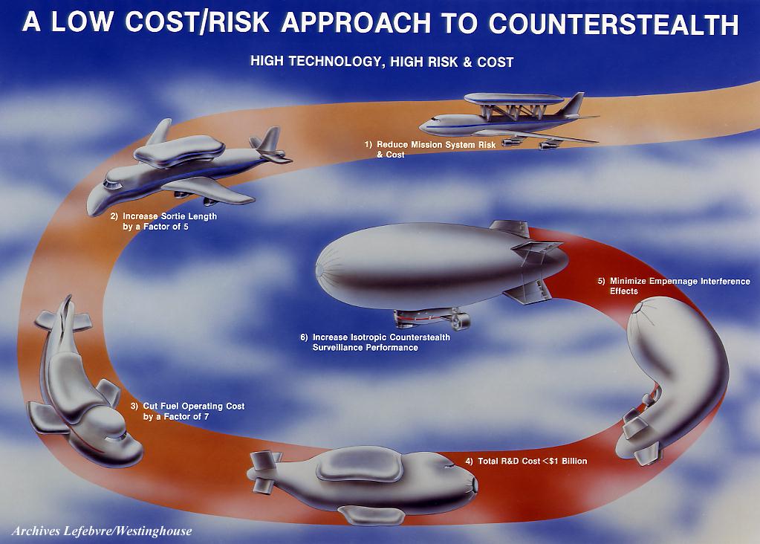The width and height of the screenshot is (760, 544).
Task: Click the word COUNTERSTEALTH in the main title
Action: coord(614,23)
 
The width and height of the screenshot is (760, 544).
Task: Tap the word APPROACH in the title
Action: coord(356,22)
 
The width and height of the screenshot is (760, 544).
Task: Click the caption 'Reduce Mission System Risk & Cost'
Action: coord(430,149)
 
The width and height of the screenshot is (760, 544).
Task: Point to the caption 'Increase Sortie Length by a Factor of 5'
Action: coord(163,221)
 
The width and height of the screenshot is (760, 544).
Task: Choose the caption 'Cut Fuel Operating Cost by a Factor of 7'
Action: coord(187,411)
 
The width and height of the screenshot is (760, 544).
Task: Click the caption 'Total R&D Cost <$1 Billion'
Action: coord(526,461)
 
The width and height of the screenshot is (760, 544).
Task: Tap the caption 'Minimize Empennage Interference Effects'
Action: coord(674,286)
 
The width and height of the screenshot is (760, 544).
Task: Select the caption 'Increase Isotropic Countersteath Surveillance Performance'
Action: coord(375,343)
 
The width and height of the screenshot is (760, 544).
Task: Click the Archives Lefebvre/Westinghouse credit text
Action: coord(102,531)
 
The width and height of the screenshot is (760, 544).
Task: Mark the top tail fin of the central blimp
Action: coord(509,228)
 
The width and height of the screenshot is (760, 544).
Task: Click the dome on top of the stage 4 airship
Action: coord(360,464)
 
